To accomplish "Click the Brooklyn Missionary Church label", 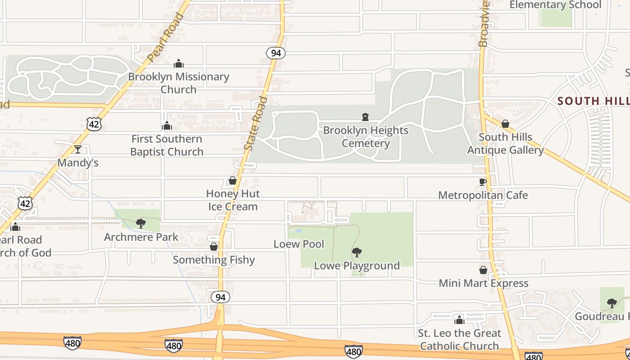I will pos(179,83).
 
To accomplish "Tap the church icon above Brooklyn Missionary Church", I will pos(179,63).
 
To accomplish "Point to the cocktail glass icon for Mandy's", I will pos(78,149).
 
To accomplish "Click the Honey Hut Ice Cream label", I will pos(233,200).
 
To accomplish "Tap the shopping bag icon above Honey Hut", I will pos(233,181).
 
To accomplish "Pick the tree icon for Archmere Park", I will pos(141,223).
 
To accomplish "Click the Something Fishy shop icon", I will pos(214,247).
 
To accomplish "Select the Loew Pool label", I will pos(299,244).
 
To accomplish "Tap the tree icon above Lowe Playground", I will pos(357,252).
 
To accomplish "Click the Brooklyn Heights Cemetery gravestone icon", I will pos(365,117).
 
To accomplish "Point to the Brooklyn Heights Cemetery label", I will pos(366,137).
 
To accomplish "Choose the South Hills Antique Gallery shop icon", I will pos(505,124).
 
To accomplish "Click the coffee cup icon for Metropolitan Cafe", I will pos(483,182).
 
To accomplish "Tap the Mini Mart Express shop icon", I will pos(483,270).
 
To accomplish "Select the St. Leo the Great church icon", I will pos(459,320).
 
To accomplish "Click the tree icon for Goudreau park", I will pos(612,303).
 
